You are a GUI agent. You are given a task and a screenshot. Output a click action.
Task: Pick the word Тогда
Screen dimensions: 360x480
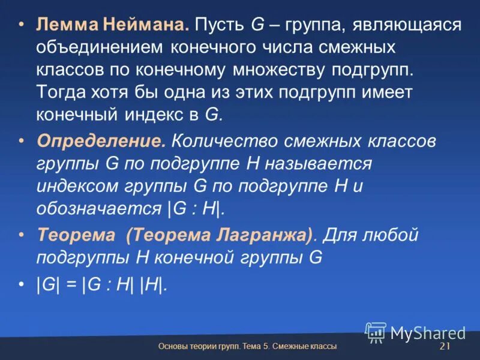(x=62, y=92)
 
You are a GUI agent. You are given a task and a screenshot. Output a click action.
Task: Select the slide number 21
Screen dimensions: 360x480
(x=445, y=347)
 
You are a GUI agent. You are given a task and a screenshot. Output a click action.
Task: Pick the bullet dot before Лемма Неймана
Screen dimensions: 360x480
(x=22, y=26)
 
